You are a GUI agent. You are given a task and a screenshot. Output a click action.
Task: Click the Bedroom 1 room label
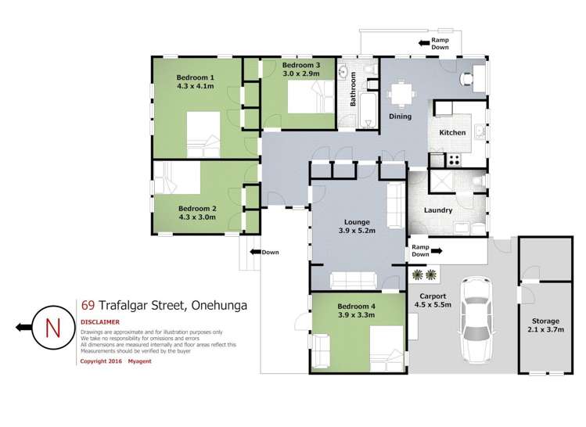(x=196, y=77)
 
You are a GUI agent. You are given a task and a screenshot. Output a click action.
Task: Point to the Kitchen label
(x=452, y=133)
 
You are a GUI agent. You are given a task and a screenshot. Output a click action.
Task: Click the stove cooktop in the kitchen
(x=452, y=160)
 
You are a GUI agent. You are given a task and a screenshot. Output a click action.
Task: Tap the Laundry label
(x=438, y=210)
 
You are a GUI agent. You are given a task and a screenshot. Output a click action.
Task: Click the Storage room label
(x=545, y=321)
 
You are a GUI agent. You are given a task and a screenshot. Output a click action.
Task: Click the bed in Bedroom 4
(x=384, y=343)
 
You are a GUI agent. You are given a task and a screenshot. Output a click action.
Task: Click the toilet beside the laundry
(x=479, y=183)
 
